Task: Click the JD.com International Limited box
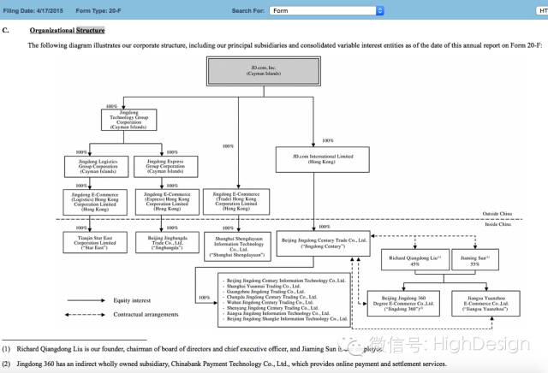[x=322, y=159]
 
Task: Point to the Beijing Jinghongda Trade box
[x=167, y=241]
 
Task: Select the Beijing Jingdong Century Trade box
[x=322, y=240]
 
